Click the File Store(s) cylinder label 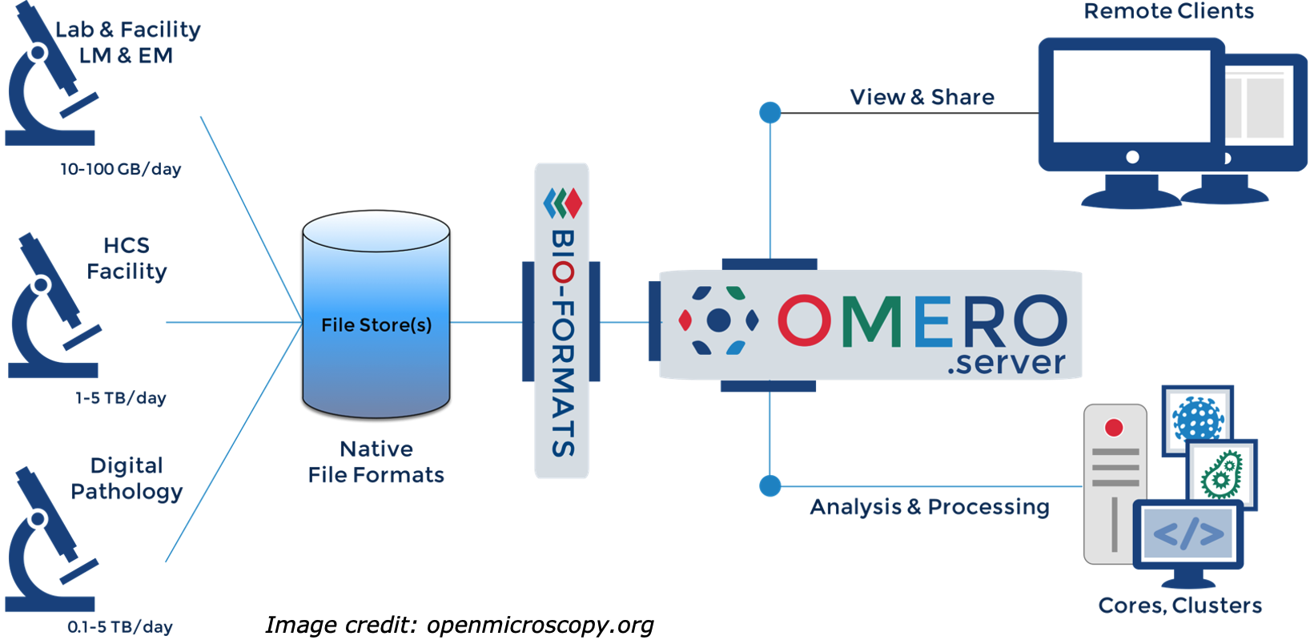pos(376,325)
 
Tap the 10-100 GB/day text pos(121,170)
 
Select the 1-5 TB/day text pos(121,398)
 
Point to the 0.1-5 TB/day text pos(120,627)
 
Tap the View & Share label pos(922,98)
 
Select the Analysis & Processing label pos(929,507)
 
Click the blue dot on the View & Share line pos(770,113)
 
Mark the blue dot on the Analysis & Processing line pos(770,486)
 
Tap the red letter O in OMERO pos(804,320)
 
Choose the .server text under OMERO pos(1006,363)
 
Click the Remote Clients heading pos(1168,11)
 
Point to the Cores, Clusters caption pos(1179,606)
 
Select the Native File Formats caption pos(376,462)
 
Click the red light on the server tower pos(1114,428)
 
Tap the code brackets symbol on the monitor pos(1188,533)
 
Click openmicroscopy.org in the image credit pos(540,625)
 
